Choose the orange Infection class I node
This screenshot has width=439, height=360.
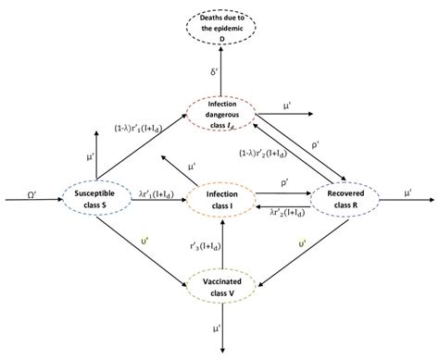point(220,197)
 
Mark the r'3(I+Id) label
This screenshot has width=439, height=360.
point(197,244)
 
